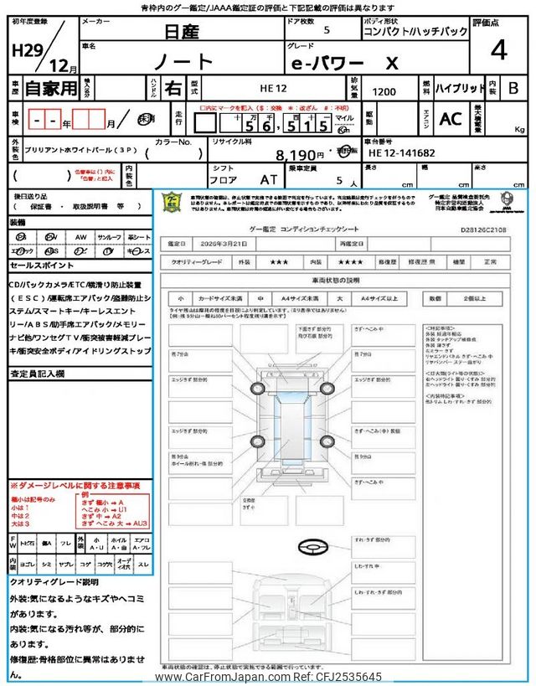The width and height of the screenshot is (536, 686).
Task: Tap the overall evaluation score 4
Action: tap(499, 50)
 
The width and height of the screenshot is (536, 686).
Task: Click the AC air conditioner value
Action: tap(450, 120)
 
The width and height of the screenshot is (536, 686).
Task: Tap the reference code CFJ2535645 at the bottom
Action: tap(346, 677)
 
